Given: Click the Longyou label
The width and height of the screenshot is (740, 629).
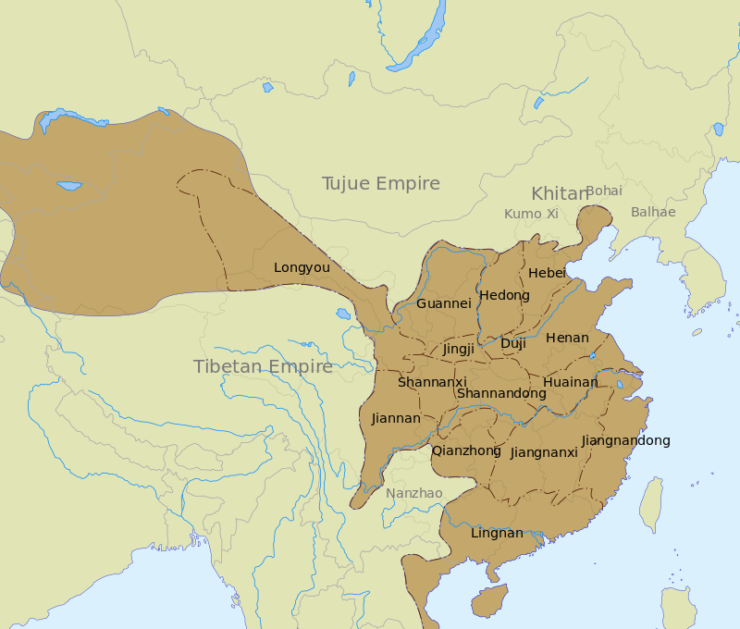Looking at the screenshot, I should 302,268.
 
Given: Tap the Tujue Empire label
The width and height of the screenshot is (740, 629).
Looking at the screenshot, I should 380,184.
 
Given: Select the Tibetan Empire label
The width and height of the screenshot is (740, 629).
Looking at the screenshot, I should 263,367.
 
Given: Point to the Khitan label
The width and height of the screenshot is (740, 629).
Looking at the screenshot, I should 559,194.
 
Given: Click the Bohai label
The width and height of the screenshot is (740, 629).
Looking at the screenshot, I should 604,191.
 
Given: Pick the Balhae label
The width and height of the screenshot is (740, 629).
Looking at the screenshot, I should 653,213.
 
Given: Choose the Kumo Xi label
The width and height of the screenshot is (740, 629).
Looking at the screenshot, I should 531,214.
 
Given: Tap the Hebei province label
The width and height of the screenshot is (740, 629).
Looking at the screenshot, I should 547,273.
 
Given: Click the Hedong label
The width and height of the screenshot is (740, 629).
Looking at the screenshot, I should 505,296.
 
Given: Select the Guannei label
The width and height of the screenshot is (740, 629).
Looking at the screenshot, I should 444,303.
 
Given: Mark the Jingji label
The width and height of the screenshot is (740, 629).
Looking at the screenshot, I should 458,350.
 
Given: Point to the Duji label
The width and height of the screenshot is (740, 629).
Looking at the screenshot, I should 512,344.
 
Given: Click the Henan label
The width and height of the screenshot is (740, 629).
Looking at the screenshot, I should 567,339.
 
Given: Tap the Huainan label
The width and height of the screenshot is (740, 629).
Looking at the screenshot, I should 571,382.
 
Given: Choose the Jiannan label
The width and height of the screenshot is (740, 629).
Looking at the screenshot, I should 396,419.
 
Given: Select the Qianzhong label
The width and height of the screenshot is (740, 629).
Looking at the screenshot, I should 466,451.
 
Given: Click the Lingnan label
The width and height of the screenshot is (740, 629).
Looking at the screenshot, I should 497,534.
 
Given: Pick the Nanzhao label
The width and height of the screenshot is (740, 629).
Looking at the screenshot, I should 414,493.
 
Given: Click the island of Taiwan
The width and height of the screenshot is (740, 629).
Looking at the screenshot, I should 652,505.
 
